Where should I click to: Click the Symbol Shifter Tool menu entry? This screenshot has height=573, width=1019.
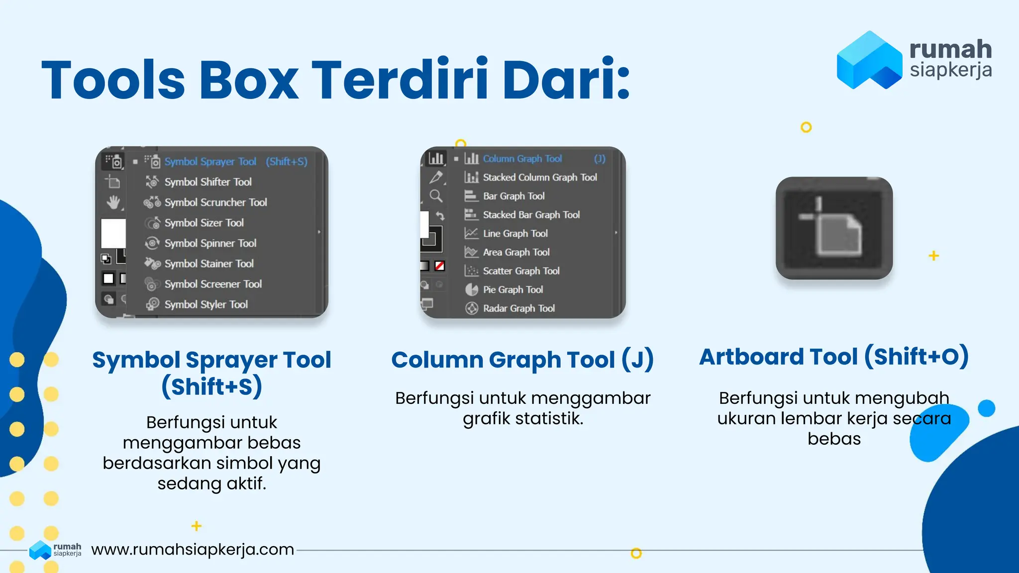208,182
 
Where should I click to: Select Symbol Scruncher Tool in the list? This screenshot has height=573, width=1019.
215,202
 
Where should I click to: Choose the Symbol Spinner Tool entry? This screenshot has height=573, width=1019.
210,243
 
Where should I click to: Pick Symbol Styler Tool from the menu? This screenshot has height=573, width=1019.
206,304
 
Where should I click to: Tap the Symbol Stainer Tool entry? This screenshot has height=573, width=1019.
209,264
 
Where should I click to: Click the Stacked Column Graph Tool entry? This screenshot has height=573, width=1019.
539,178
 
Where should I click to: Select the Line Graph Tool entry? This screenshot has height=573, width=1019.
515,234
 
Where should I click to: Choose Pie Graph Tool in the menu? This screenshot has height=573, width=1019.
512,289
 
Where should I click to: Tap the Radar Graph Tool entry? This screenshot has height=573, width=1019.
518,308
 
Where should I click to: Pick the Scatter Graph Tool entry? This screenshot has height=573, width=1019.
521,271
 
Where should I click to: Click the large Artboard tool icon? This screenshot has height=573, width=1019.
834,228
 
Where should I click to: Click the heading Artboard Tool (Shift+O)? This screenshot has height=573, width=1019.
834,357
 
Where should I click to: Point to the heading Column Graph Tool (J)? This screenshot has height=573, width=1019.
522,360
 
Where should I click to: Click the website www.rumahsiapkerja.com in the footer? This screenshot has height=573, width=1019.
193,550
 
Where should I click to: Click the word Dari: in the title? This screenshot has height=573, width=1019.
566,80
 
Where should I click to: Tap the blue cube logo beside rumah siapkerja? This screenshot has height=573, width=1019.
869,60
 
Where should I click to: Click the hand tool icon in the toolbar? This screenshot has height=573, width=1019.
113,202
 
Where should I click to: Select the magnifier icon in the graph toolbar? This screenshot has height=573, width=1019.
436,196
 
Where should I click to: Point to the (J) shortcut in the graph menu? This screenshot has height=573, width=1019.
600,159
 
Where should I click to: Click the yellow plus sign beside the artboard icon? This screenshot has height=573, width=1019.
934,256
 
